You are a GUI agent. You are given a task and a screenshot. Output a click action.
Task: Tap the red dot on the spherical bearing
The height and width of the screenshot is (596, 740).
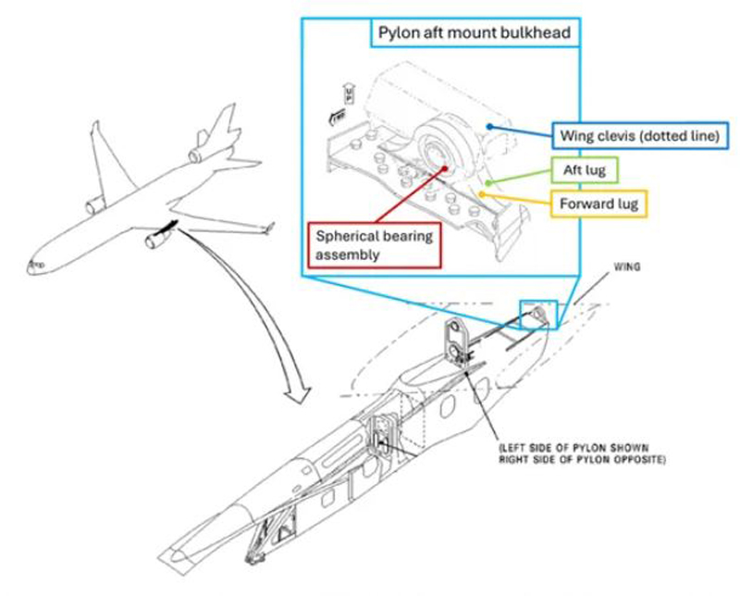(x=445, y=169)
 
